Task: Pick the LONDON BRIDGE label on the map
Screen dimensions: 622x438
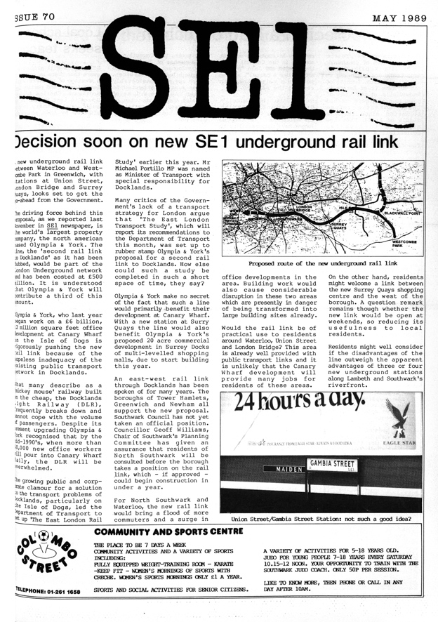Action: pyautogui.click(x=305, y=209)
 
